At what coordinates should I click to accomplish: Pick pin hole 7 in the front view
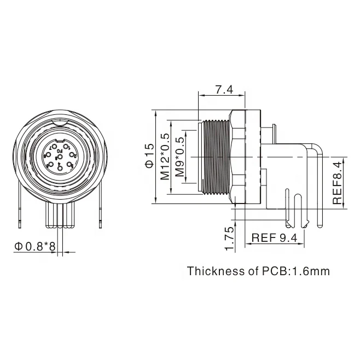point(55,147)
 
